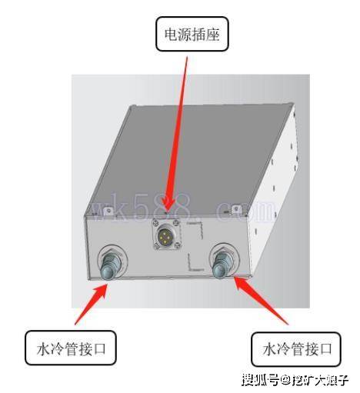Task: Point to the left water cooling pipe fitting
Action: [x=111, y=263]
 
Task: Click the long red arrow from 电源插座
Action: [x=178, y=133]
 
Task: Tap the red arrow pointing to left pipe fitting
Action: [x=91, y=305]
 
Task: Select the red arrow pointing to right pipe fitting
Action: [x=262, y=301]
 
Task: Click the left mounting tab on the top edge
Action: [x=108, y=211]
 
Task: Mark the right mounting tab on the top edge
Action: [x=237, y=208]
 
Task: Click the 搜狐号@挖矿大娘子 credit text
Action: [x=295, y=380]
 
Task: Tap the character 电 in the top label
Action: [x=171, y=35]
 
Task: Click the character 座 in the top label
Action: [x=212, y=35]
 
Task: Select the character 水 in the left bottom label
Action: [x=44, y=348]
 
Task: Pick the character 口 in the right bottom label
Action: [x=325, y=350]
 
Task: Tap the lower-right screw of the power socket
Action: [x=177, y=246]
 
